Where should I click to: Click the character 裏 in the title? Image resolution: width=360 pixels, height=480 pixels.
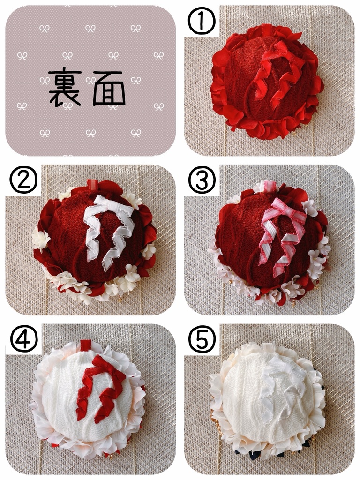pos(65,89)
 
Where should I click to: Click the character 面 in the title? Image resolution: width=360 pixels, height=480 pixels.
pos(109,89)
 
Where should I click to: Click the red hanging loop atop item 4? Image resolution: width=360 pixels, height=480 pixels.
pos(86,345)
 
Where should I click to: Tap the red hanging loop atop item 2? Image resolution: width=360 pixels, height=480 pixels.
pos(92,185)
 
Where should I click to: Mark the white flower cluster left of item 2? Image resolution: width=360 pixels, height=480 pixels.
pos(41,240)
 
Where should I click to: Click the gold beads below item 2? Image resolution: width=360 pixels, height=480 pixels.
pos(120,298)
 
